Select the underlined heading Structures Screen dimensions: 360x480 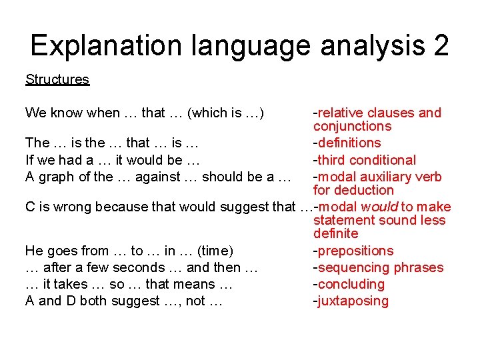pos(57,79)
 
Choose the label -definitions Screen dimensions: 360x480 pos(347,143)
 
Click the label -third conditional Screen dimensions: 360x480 pos(364,160)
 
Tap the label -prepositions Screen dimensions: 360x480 pos(353,251)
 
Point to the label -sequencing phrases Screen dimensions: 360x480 pos(378,267)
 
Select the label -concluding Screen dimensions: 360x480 pos(349,284)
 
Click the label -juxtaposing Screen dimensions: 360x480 pos(351,301)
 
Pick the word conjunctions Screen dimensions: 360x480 pos(352,126)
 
